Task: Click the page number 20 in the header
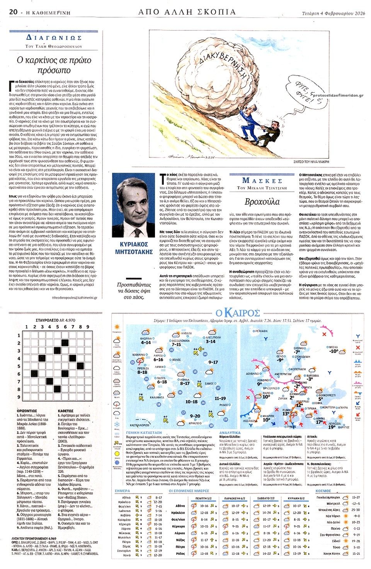coord(13,12)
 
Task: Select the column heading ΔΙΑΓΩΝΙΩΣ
coord(54,37)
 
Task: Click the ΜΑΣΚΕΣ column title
coord(262,180)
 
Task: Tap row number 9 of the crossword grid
coord(18,397)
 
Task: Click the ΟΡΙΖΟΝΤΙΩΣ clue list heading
coord(27,411)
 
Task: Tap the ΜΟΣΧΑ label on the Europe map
coord(333,347)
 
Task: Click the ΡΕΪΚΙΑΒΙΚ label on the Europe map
coord(261,331)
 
